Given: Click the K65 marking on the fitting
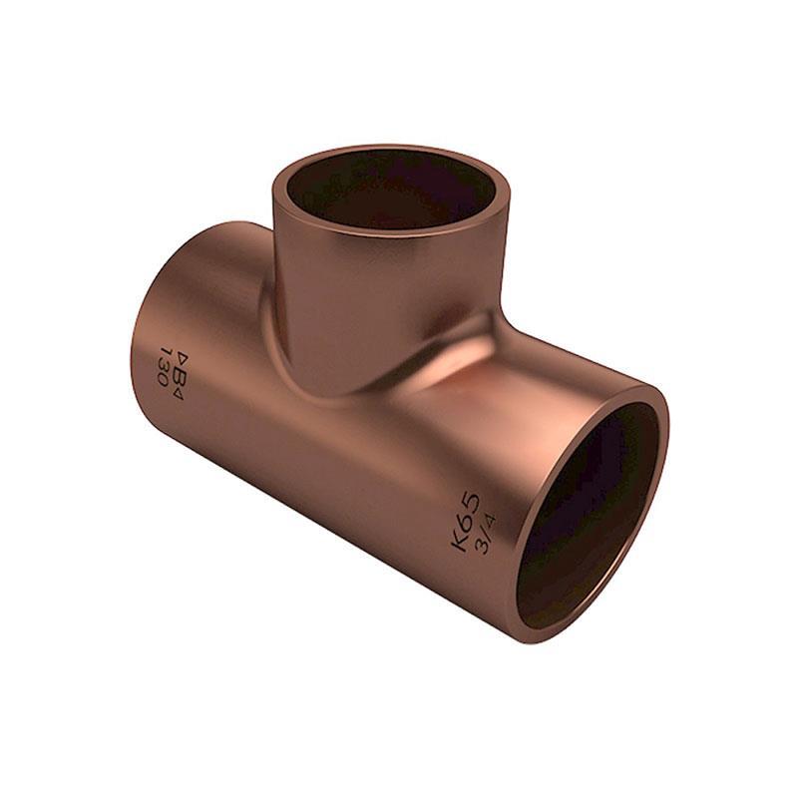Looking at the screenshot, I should tap(465, 520).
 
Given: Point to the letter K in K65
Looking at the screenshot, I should tap(460, 540).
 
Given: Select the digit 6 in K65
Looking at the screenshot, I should tap(465, 519).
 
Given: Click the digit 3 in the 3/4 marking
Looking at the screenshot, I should tap(480, 548).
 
